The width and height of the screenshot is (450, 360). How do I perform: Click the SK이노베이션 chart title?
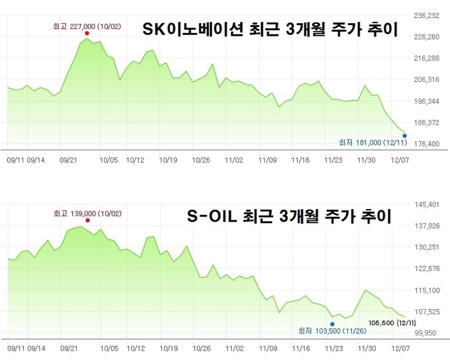pyautogui.click(x=269, y=29)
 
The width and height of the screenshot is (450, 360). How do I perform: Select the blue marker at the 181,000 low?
pyautogui.click(x=404, y=136)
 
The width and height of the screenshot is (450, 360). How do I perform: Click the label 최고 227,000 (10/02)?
pyautogui.click(x=86, y=26)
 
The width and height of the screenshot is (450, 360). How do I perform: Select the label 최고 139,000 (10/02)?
pyautogui.click(x=86, y=213)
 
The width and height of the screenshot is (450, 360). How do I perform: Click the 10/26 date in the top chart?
pyautogui.click(x=201, y=160)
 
